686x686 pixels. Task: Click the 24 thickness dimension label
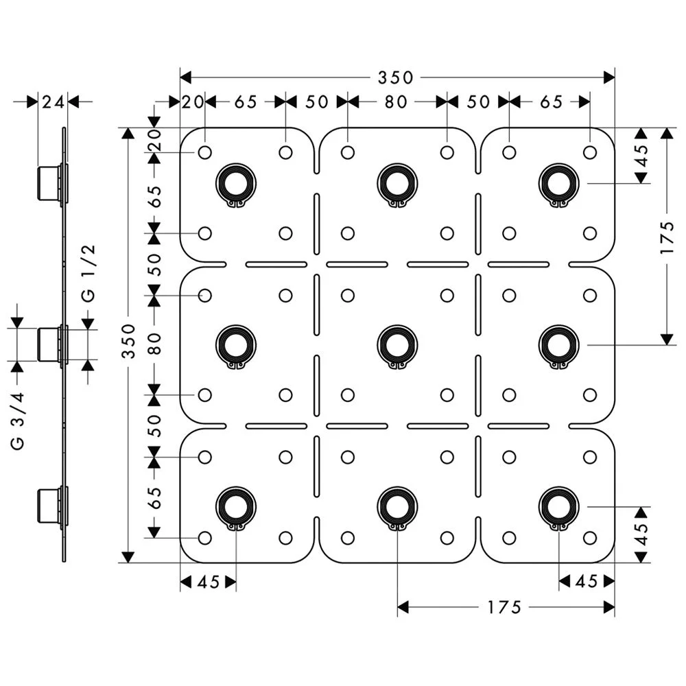(x=53, y=102)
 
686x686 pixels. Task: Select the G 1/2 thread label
(x=89, y=274)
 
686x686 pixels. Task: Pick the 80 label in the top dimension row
(x=397, y=102)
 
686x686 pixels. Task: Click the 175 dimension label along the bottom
(x=505, y=607)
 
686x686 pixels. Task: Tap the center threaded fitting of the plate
(x=397, y=345)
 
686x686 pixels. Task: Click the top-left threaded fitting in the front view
(x=235, y=183)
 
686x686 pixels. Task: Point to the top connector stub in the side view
(x=49, y=183)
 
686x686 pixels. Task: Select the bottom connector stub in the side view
(x=49, y=507)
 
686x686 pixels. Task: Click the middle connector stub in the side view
(x=49, y=345)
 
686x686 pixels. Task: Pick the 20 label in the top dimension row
(x=193, y=102)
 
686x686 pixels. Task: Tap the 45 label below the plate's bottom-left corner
(x=208, y=582)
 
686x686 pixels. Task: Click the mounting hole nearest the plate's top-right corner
(x=589, y=152)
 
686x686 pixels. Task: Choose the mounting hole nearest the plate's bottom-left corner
(x=204, y=538)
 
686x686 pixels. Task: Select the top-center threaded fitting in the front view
(x=397, y=183)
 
